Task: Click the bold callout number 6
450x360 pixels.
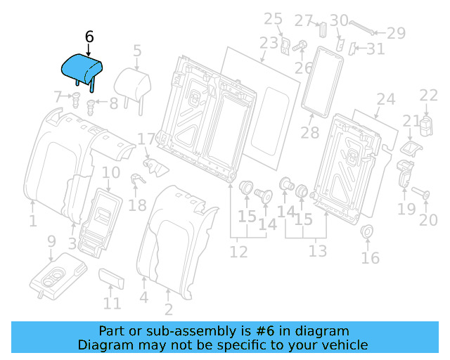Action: [89, 37]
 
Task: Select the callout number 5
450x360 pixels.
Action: [137, 50]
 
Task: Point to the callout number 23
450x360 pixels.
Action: [269, 43]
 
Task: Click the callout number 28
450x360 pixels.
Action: [310, 133]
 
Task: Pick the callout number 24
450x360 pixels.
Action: [386, 99]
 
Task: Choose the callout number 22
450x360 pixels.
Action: [428, 96]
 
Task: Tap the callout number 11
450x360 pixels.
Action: [112, 304]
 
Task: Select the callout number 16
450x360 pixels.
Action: [370, 258]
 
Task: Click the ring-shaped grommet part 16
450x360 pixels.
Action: [366, 233]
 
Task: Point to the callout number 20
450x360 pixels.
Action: [428, 221]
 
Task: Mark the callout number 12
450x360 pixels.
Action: [238, 251]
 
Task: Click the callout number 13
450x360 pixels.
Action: [318, 251]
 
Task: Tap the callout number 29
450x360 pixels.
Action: [397, 32]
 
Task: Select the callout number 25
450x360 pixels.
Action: [273, 19]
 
